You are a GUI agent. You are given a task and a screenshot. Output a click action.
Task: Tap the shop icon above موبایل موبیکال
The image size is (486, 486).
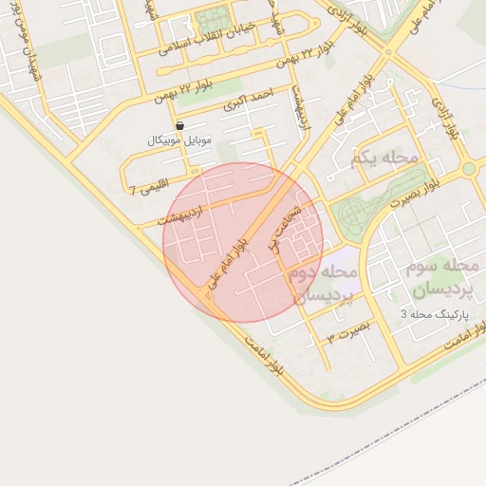coord(180,124)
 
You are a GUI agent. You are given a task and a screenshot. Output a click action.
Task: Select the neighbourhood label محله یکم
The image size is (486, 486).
coord(385,158)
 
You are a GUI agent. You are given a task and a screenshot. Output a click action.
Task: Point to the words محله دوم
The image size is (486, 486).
coord(322,273)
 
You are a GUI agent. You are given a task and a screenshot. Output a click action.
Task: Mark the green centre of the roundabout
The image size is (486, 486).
coord(468,169)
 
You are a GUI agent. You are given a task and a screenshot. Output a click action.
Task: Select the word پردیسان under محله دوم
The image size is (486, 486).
coord(322,294)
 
